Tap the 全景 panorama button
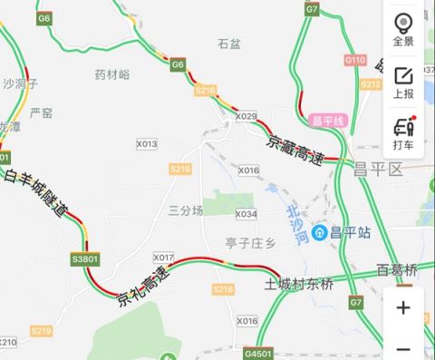pyautogui.click(x=403, y=30)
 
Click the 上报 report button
pyautogui.click(x=403, y=82)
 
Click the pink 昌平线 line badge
pyautogui.click(x=328, y=120)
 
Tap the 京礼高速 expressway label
pyautogui.click(x=143, y=285)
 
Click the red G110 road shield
pyautogui.click(x=354, y=60)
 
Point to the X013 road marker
pyautogui.click(x=146, y=144)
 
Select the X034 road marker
pyautogui.click(x=246, y=214)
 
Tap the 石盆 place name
pyautogui.click(x=230, y=43)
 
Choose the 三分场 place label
pyautogui.click(x=186, y=209)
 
